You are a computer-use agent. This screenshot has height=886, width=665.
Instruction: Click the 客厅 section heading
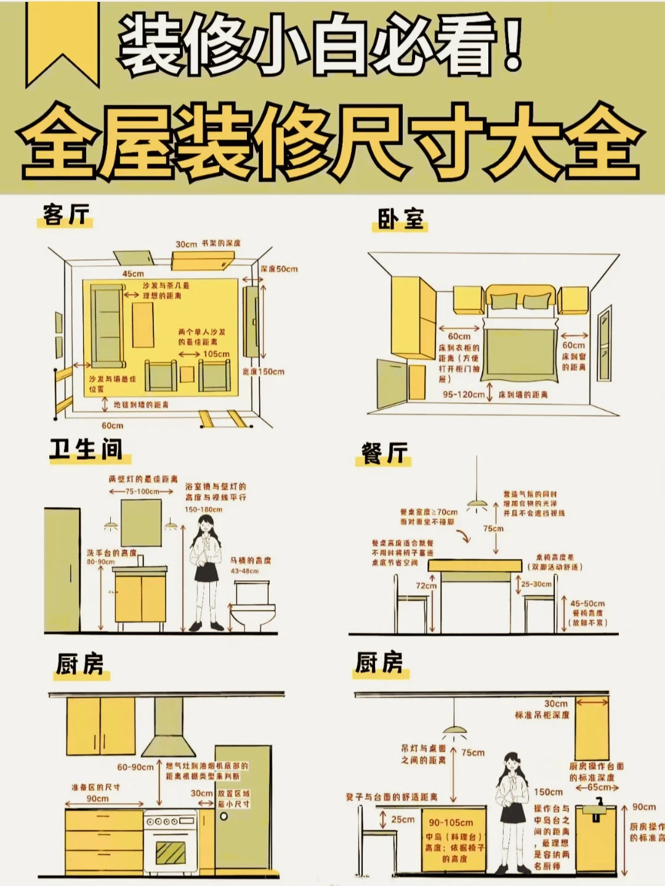(66, 215)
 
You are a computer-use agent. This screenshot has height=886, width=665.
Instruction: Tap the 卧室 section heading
(400, 219)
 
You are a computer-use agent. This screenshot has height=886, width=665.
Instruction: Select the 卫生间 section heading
(86, 449)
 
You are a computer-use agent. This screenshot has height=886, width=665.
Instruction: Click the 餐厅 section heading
(385, 453)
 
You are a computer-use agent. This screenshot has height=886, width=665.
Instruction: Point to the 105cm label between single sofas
(216, 354)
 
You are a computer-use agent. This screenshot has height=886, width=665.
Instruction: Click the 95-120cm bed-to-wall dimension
(464, 394)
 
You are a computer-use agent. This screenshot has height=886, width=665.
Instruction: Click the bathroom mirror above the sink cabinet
(141, 522)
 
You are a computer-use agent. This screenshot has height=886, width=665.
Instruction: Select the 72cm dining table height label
(425, 586)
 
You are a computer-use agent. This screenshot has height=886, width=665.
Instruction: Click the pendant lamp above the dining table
(477, 505)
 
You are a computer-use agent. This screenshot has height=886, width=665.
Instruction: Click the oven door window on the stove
(171, 852)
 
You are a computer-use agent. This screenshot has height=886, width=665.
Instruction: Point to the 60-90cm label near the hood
(135, 767)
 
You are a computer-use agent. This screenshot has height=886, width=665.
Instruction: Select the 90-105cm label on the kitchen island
(451, 823)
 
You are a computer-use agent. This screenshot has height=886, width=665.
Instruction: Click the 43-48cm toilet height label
(245, 571)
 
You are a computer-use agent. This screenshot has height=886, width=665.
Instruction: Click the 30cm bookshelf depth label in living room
(186, 244)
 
